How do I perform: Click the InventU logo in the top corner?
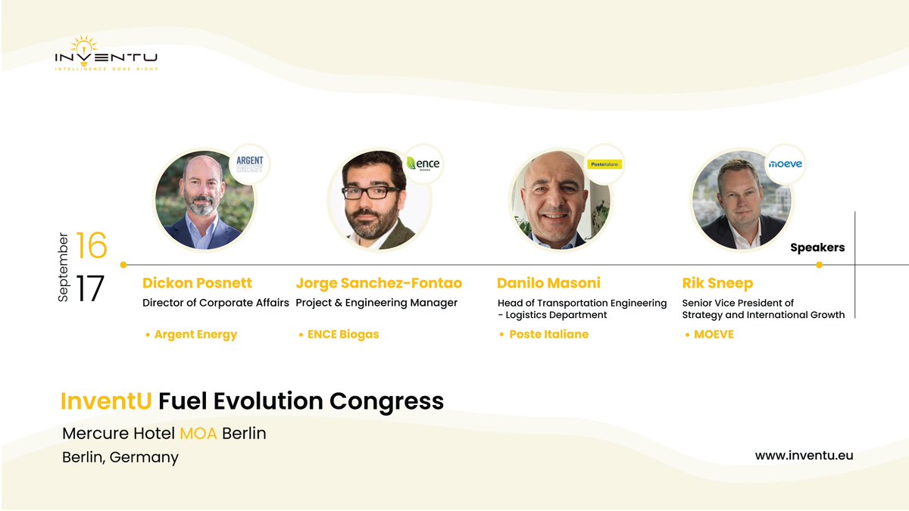(106, 54)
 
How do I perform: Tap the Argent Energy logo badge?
(249, 164)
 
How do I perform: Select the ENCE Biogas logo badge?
(423, 164)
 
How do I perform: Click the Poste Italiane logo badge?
(604, 164)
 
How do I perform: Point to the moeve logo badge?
(785, 164)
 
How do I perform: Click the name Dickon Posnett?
(197, 283)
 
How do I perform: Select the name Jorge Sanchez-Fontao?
(379, 283)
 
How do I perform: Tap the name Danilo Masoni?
(548, 283)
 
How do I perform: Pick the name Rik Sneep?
(717, 283)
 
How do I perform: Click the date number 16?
(92, 247)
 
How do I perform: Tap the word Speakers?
(817, 248)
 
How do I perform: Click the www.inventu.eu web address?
(804, 455)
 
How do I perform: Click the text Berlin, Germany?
(120, 457)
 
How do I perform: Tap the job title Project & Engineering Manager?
(376, 303)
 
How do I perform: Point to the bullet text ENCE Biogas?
(342, 335)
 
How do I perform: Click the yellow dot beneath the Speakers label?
(819, 265)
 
